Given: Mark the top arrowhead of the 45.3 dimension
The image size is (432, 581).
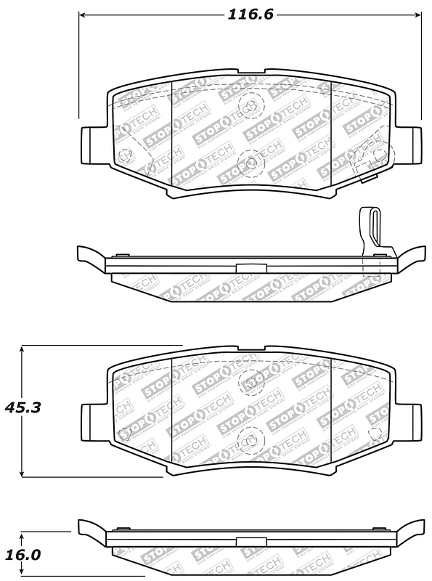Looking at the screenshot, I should pyautogui.click(x=23, y=349).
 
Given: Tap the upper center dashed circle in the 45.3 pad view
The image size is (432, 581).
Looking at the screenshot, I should pyautogui.click(x=253, y=379).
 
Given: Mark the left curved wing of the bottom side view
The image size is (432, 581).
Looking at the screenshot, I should pyautogui.click(x=91, y=527).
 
